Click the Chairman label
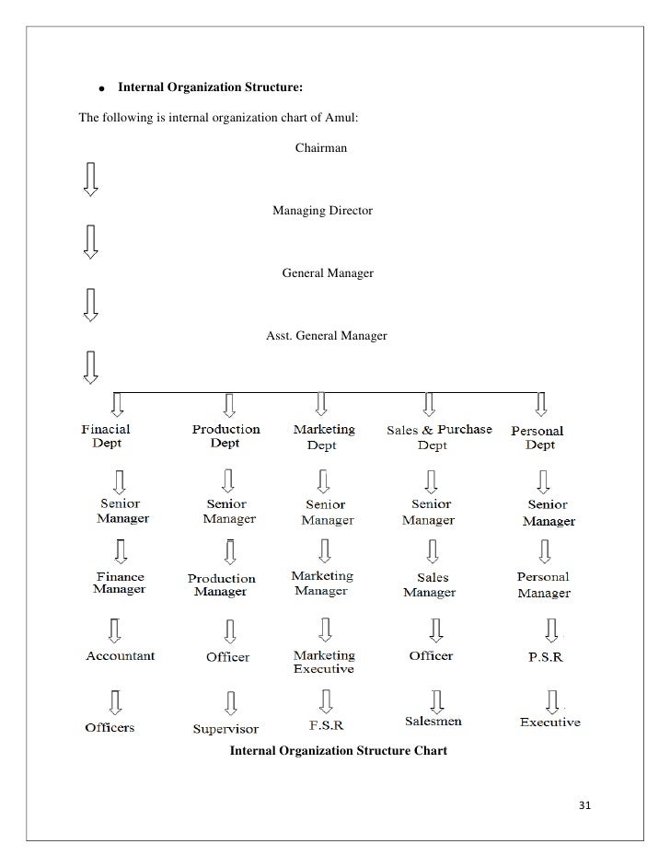pyautogui.click(x=320, y=148)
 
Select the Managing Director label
pyautogui.click(x=322, y=211)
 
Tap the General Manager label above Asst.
pyautogui.click(x=328, y=273)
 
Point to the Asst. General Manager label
pyautogui.click(x=327, y=336)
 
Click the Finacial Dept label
pyautogui.click(x=106, y=436)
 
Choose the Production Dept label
pyautogui.click(x=225, y=436)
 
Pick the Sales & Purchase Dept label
pyautogui.click(x=438, y=437)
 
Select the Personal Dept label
pyautogui.click(x=538, y=437)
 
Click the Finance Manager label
pyautogui.click(x=120, y=583)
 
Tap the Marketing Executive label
pyautogui.click(x=323, y=662)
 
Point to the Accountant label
pyautogui.click(x=121, y=656)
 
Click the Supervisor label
pyautogui.click(x=225, y=729)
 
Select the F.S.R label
pyautogui.click(x=327, y=726)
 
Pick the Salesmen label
pyautogui.click(x=433, y=722)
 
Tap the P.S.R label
pyautogui.click(x=545, y=658)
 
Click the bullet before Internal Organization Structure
pyautogui.click(x=103, y=88)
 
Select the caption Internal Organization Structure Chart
pyautogui.click(x=338, y=751)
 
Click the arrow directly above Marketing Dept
pyautogui.click(x=321, y=403)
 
